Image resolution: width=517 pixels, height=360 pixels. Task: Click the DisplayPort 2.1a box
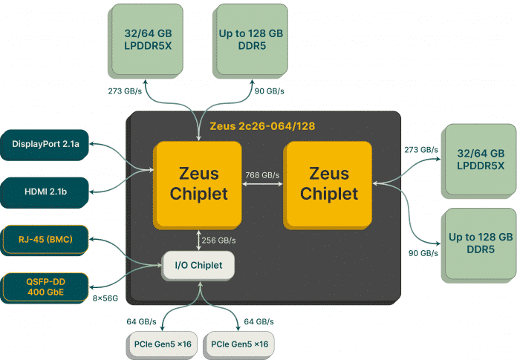click(x=45, y=144)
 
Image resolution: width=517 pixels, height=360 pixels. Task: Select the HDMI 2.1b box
click(x=45, y=192)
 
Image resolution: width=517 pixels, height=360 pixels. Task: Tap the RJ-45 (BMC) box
click(x=45, y=240)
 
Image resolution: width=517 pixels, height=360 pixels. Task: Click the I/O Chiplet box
click(x=198, y=265)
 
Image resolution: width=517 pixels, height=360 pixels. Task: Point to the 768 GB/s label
click(x=262, y=175)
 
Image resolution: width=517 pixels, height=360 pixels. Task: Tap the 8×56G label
click(x=106, y=298)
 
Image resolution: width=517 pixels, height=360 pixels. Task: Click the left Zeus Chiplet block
click(x=198, y=183)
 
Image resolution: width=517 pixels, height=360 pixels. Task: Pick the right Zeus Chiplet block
click(x=328, y=183)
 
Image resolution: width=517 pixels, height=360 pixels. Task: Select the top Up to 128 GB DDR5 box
click(x=251, y=39)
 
